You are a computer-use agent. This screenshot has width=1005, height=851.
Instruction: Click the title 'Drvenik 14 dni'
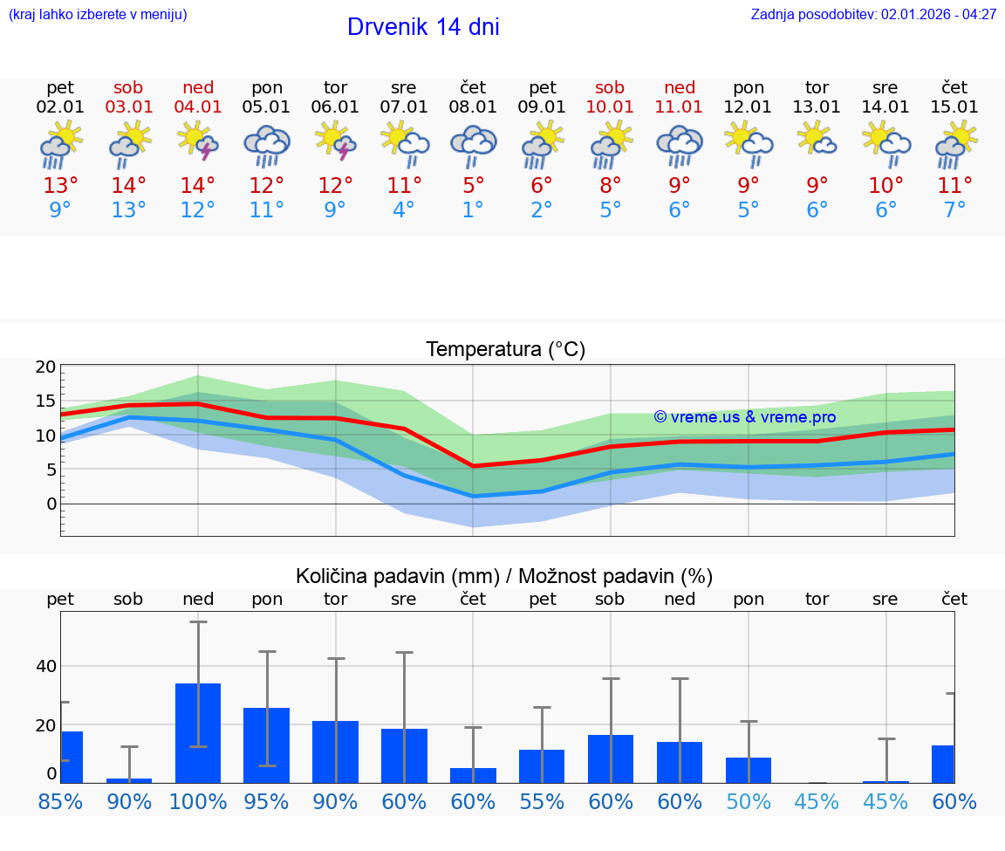point(423,27)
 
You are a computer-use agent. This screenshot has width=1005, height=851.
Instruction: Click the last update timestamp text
point(873,15)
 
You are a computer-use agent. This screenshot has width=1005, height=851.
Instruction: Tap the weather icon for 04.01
point(198,142)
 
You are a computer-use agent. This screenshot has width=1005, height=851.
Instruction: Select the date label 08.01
point(474,107)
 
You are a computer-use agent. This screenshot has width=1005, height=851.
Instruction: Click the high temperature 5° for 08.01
point(474,185)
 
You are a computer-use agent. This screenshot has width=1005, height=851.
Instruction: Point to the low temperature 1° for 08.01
point(474,209)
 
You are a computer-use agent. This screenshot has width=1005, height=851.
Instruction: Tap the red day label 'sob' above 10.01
point(610,87)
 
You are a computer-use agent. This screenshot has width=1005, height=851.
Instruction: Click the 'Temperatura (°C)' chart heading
point(505,350)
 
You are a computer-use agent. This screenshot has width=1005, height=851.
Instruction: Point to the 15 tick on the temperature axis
point(46,401)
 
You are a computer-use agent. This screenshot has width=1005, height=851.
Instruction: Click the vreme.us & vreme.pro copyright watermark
point(745,417)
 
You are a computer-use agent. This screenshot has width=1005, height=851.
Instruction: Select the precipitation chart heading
point(504,576)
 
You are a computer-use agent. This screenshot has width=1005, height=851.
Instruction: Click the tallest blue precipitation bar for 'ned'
point(198,733)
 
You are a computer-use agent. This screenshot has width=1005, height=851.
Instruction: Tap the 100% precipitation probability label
point(198,802)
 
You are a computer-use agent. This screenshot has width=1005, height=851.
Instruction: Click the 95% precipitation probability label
point(267,802)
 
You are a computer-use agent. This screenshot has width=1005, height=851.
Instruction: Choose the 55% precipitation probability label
point(542,802)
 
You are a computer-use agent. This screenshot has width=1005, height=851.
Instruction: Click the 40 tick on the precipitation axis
point(46,667)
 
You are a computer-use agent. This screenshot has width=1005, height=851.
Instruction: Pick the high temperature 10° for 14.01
point(885,185)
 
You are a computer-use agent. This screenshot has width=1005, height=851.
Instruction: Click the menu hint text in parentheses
point(97,15)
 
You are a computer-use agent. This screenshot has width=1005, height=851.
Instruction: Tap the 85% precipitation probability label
point(61,802)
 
